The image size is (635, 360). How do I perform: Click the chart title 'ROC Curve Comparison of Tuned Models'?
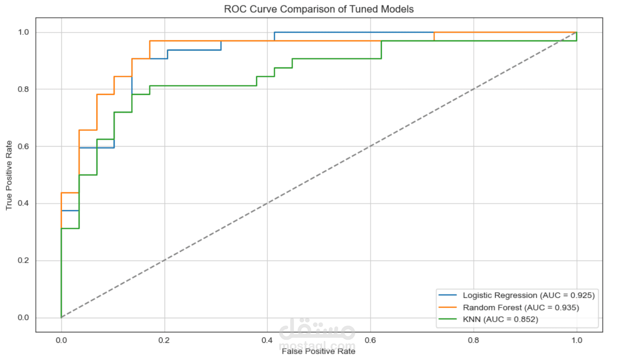click(x=318, y=9)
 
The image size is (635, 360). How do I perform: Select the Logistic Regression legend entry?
click(x=528, y=296)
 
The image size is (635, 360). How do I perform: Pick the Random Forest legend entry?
click(x=520, y=308)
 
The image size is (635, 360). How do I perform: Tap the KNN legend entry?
click(x=500, y=320)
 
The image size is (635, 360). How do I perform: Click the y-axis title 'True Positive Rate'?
click(x=9, y=175)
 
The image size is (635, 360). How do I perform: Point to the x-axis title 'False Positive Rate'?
click(x=318, y=351)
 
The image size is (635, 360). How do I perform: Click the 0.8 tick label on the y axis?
click(x=23, y=90)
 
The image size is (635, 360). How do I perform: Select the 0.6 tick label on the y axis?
click(x=23, y=147)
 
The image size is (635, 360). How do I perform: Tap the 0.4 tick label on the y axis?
click(x=23, y=204)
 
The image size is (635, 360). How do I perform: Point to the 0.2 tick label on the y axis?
click(x=23, y=261)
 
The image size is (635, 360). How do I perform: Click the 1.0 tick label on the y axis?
click(x=23, y=32)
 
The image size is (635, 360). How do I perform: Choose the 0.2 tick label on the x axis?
click(x=164, y=340)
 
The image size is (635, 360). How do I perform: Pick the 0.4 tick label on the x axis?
click(x=267, y=340)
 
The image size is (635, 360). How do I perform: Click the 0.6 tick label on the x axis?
click(x=371, y=340)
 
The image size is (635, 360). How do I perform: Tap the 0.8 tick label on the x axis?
click(x=473, y=340)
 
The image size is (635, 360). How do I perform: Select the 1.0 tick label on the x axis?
click(x=577, y=340)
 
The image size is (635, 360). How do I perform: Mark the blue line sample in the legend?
click(x=448, y=296)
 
